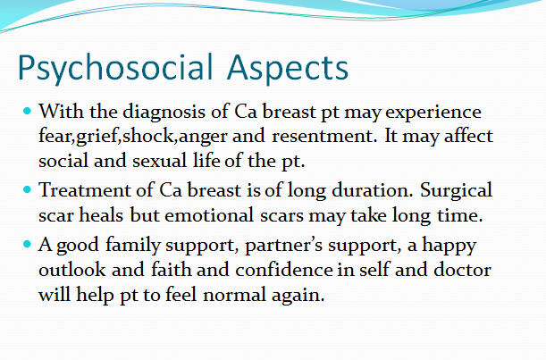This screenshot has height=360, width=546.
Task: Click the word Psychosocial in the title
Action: [x=115, y=68]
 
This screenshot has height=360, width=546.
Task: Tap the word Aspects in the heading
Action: [x=288, y=68]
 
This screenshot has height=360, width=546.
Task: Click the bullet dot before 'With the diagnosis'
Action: [x=27, y=112]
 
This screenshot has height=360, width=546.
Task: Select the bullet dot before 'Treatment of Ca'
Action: [x=27, y=189]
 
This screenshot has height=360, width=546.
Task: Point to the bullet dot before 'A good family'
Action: [x=27, y=244]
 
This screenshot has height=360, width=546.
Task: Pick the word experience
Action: [x=433, y=113]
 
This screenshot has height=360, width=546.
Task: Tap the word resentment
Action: [x=323, y=136]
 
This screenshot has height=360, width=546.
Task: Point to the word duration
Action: [x=372, y=190]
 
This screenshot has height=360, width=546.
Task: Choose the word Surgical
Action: [x=456, y=191]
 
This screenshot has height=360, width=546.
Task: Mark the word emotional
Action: [x=209, y=215]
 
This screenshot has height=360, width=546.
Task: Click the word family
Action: [x=132, y=246]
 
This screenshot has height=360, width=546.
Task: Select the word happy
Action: [x=449, y=247]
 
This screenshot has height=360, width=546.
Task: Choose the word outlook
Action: [x=72, y=270]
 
